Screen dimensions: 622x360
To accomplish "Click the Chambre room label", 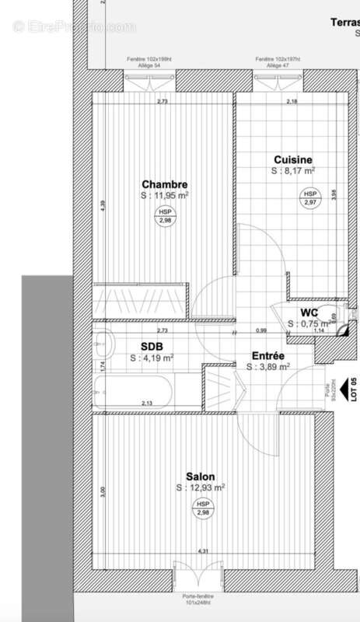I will coord(164,184).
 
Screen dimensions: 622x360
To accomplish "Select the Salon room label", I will coord(201,477).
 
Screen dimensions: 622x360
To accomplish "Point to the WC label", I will coord(309,313).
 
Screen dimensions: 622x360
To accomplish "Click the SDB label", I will coord(152,347).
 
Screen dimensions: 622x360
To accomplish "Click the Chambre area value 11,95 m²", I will coord(164,196).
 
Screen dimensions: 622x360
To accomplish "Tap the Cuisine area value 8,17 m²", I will coord(293,171).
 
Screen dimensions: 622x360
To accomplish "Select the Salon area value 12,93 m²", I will coord(201,487).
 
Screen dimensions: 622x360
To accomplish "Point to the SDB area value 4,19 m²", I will coord(152,358).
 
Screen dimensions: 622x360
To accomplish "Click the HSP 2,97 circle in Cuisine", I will coord(310,197).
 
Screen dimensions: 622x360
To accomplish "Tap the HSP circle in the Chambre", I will coord(165,216).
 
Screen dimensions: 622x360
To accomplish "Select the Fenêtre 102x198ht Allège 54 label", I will coord(150,63).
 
